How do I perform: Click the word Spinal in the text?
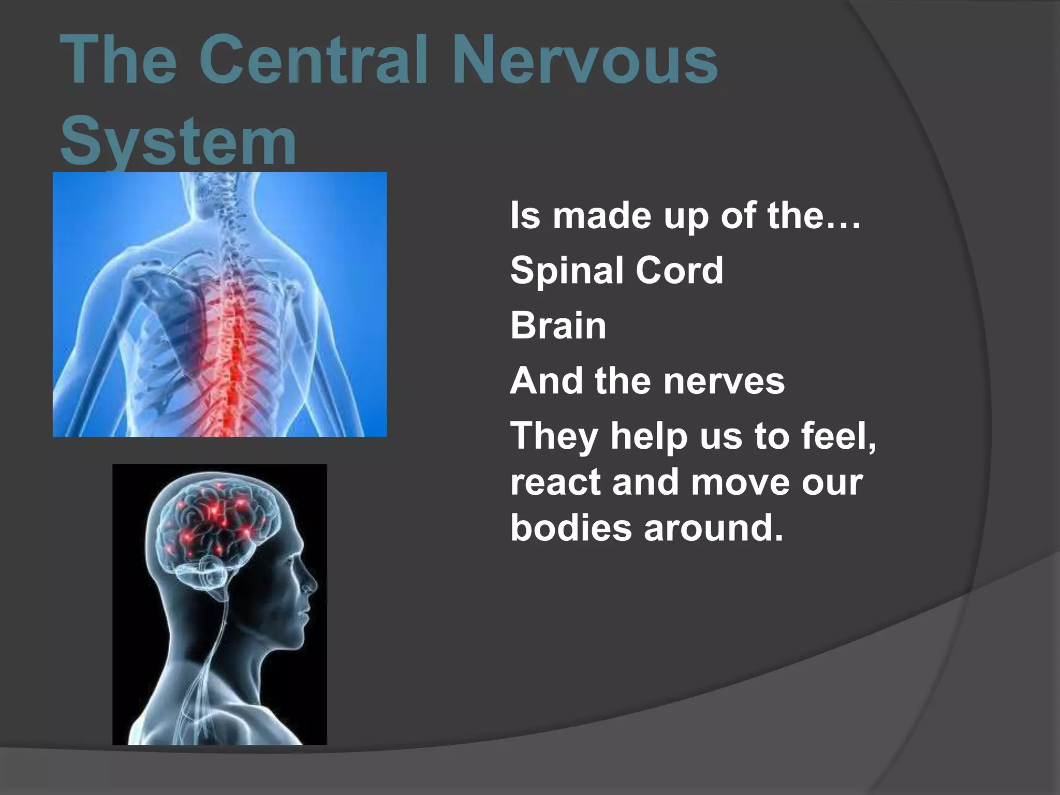566,271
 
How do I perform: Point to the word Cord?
679,271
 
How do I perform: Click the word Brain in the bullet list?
558,326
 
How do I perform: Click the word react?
555,482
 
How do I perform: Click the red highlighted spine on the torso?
235,342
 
